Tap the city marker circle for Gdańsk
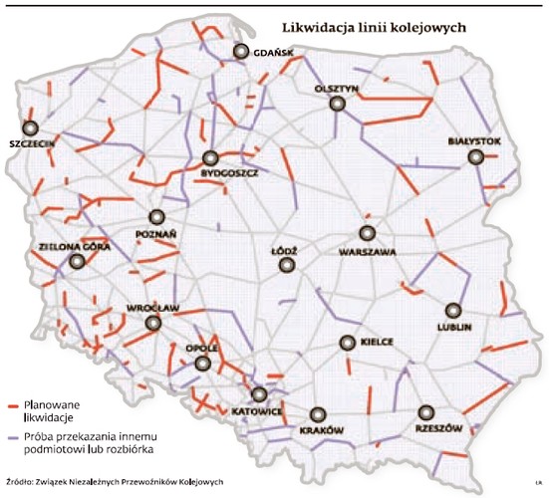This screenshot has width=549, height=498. [x=240, y=53]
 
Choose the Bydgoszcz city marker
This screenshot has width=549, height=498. [x=210, y=158]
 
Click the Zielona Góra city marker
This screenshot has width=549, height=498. [x=77, y=262]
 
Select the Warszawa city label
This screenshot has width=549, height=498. [x=369, y=252]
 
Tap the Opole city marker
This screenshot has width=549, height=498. [x=203, y=365]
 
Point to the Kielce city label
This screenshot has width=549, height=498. [x=376, y=342]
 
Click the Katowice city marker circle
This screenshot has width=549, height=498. [x=259, y=394]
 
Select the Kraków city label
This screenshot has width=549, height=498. [x=322, y=430]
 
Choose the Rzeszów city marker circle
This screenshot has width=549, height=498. [x=425, y=411]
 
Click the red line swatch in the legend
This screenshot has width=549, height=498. [x=12, y=407]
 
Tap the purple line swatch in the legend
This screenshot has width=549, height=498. [x=12, y=437]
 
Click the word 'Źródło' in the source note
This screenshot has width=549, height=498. [x=21, y=484]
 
